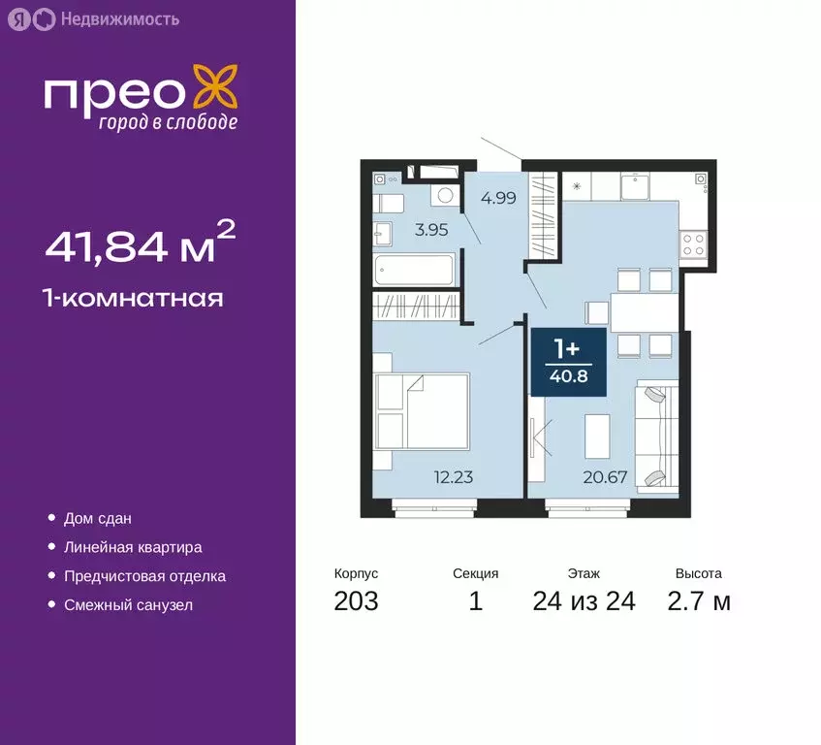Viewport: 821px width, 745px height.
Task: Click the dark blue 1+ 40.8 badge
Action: pos(568,361)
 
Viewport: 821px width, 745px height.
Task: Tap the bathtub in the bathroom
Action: pos(415,269)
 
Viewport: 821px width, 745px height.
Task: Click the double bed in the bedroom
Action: pos(423,411)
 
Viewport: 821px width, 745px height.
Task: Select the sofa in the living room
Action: pos(655,437)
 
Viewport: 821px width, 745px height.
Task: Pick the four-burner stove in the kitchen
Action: pos(693,243)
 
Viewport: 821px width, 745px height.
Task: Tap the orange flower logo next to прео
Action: pos(215,88)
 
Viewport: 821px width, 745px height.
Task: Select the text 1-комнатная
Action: pos(134,298)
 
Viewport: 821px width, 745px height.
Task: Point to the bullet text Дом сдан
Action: pos(98,519)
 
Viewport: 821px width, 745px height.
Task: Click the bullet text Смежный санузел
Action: pos(128,605)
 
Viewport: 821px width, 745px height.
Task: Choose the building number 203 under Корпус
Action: pos(356,601)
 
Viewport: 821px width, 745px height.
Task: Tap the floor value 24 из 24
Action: pos(584,601)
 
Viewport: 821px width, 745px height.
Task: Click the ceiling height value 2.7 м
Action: pos(698,601)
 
